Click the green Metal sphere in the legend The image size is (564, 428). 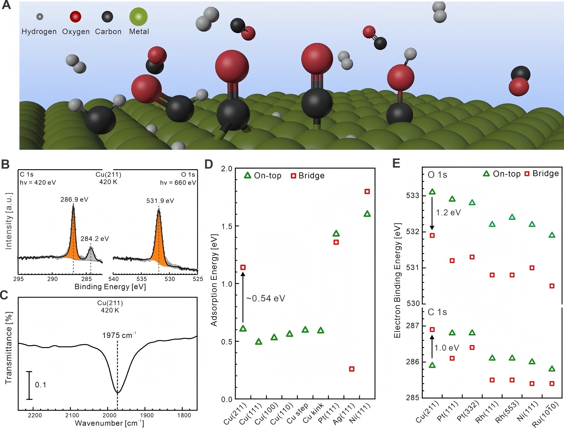coord(138,17)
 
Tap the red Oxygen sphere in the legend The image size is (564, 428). coord(75,17)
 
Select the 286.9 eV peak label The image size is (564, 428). coord(74,199)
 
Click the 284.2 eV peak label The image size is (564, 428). coord(95,239)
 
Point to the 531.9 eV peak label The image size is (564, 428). coord(160,201)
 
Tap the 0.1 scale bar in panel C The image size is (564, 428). coord(29,385)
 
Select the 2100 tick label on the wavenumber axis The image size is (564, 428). coord(72,415)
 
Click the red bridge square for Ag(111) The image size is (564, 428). coord(352,369)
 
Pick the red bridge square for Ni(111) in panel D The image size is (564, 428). coord(367,191)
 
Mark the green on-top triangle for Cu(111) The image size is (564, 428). coord(259,342)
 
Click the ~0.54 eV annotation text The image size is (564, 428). coord(266,298)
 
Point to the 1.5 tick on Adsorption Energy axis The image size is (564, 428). coord(227,226)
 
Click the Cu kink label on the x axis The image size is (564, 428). coord(313,413)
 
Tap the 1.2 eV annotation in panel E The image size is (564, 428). coord(448,212)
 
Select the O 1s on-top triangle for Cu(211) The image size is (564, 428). coord(432,192)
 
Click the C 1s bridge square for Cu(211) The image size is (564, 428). coord(432,329)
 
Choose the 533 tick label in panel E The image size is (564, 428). coord(412,195)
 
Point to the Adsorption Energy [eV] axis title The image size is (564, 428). coord(214,280)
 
